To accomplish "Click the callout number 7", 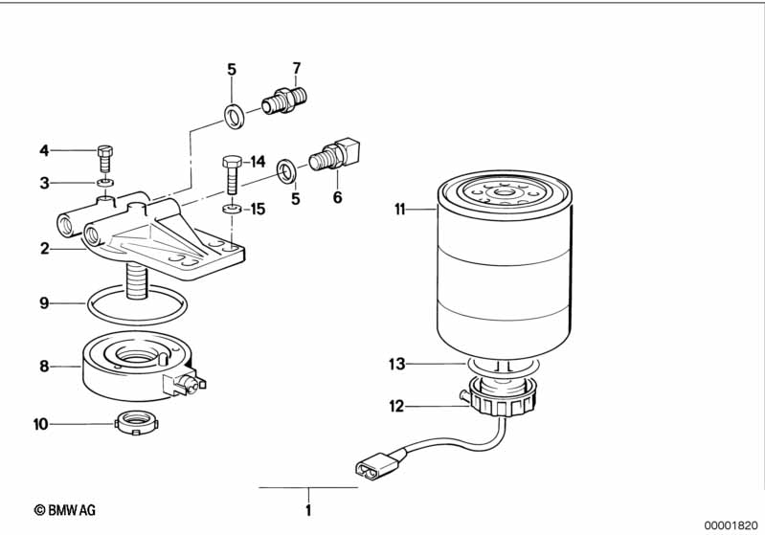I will point(296,68).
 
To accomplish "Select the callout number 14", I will point(258,161).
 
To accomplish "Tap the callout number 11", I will point(399,208).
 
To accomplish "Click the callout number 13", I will point(397,364).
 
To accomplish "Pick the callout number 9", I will point(44,303).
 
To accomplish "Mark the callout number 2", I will point(44,249).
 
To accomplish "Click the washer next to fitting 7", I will point(233,117).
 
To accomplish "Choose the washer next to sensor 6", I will point(285,170).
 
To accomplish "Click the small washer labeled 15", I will point(231,208).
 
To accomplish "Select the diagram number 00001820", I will point(731,524).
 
